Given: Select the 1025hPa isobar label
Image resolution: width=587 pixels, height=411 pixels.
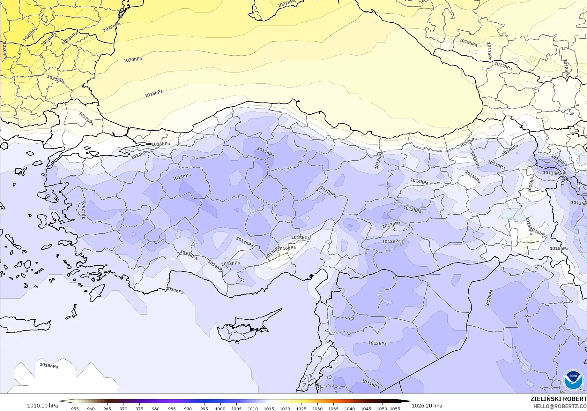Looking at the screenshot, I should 30,34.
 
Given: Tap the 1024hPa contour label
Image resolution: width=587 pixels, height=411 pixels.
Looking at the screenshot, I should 49,39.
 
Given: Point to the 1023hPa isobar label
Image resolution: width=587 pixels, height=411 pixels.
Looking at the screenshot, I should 70,38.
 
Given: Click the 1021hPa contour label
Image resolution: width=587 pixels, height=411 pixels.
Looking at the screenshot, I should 56,79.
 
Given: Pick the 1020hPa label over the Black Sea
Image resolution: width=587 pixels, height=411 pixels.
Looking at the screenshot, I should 133,60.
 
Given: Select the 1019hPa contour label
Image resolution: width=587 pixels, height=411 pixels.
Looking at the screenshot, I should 468,42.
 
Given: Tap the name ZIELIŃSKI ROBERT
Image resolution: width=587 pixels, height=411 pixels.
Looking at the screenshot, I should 558,399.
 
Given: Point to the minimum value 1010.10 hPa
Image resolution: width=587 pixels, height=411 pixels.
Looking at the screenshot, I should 42,406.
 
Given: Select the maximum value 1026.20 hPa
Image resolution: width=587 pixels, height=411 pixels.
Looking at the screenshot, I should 427,406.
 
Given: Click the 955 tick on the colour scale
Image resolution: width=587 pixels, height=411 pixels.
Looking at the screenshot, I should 75,408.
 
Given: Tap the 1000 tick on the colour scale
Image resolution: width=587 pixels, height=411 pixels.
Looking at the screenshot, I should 220,408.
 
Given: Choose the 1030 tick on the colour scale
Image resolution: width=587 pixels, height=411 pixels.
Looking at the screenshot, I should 317,408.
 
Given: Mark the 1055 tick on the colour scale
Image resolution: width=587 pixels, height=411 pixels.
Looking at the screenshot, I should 395,408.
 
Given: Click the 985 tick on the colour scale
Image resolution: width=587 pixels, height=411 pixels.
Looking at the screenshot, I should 172,408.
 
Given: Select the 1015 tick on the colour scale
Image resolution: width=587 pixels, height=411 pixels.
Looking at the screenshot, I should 269,408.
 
